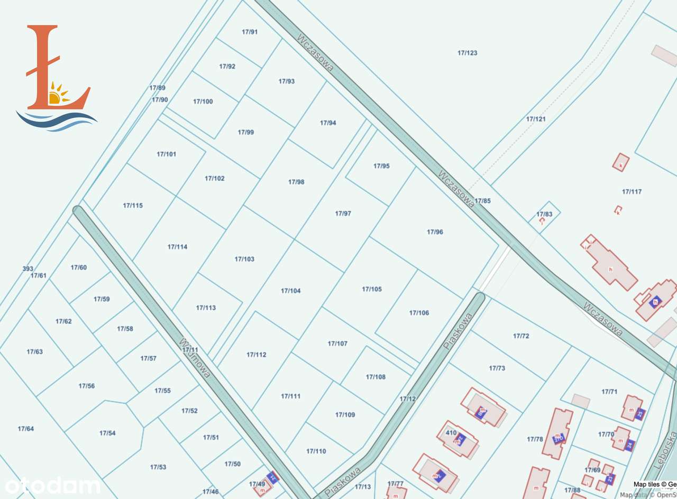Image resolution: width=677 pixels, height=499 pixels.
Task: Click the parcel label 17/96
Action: coord(435,232)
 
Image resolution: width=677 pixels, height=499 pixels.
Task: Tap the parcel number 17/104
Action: coord(290,291)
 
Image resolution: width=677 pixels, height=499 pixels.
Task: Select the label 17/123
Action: coord(467,53)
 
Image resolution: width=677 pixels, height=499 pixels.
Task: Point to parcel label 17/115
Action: coord(133,206)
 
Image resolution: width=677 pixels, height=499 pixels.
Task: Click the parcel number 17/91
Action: coord(250,32)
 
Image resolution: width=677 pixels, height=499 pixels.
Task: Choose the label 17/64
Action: coord(25,429)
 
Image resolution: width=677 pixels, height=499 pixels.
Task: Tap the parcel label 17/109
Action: coord(345,414)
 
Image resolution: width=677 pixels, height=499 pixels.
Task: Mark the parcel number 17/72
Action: coord(521,336)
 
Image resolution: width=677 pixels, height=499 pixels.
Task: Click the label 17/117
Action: coord(632,192)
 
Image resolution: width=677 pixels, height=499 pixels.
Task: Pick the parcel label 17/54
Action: coord(107,433)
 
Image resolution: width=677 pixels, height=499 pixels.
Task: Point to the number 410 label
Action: coord(451,432)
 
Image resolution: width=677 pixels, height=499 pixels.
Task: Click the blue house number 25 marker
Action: coord(640,414)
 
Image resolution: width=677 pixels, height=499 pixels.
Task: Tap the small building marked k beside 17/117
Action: coord(621,162)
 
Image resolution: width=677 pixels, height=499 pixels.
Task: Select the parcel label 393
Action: coord(28,269)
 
